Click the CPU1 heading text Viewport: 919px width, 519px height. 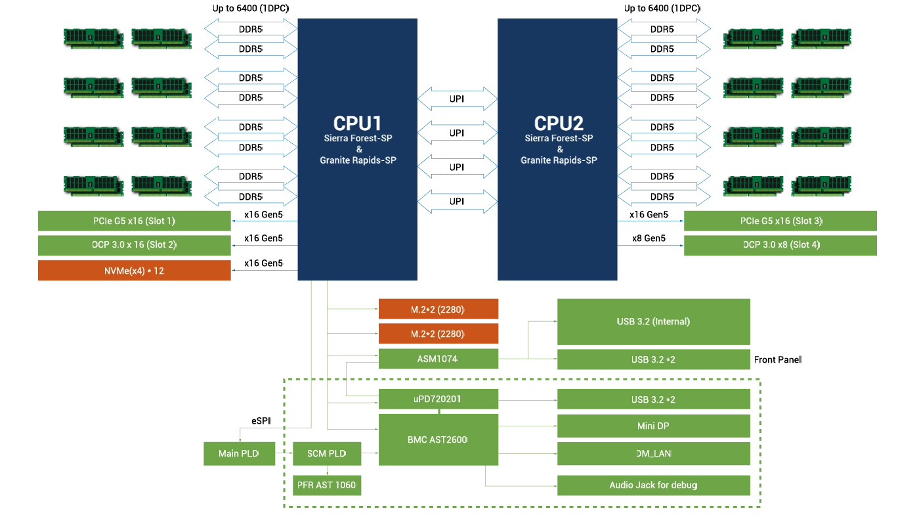(357, 124)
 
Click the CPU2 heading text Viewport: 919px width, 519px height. (558, 124)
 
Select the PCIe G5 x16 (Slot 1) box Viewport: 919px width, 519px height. (134, 221)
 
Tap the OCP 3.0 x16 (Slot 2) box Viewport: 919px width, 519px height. (134, 244)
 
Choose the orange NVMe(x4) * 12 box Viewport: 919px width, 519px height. (134, 270)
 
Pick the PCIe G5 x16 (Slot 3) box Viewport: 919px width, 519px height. (780, 221)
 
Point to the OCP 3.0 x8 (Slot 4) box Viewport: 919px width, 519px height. (780, 244)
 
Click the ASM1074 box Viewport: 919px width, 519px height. (438, 359)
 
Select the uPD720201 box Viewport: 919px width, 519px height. (438, 399)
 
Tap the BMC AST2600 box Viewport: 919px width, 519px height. (438, 440)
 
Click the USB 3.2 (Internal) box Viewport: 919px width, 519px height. (653, 321)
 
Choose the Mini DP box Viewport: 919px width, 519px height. (653, 426)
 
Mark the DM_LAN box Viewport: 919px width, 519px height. (653, 453)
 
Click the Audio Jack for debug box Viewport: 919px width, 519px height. (653, 485)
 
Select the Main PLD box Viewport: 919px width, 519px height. (238, 453)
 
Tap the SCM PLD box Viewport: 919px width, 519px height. (326, 453)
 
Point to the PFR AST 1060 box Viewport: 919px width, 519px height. (326, 485)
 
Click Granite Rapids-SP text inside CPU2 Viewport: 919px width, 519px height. (559, 160)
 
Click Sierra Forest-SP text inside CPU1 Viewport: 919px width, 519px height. (358, 139)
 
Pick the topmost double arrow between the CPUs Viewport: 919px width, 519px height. (458, 98)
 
